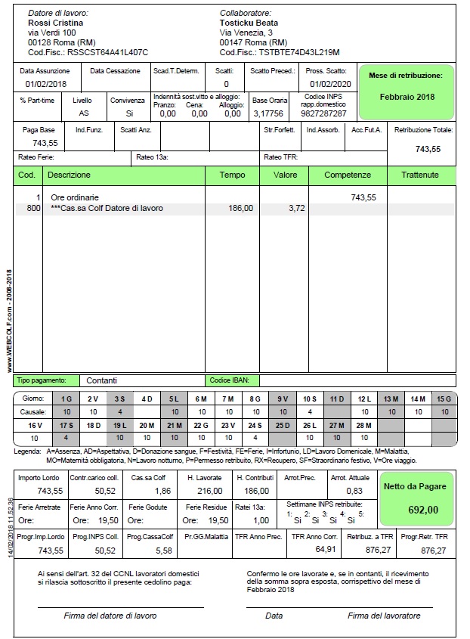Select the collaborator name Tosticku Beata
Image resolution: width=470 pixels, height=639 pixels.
[x=249, y=23]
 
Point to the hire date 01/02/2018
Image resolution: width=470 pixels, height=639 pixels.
[x=46, y=84]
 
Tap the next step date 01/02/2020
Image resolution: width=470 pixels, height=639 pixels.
[x=330, y=84]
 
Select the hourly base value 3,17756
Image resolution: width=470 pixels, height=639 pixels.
[x=268, y=113]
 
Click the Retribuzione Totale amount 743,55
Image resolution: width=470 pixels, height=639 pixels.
[x=428, y=149]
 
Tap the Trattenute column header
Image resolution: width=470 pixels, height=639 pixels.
[x=421, y=175]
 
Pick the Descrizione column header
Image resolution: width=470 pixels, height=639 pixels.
[x=69, y=175]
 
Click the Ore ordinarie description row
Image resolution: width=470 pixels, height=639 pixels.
[x=76, y=197]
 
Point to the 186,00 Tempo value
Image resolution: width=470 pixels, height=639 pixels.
[x=240, y=208]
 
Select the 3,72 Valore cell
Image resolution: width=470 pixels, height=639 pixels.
[x=296, y=208]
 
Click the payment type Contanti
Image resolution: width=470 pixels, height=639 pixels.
[x=101, y=380]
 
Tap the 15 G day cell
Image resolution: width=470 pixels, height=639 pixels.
[x=443, y=399]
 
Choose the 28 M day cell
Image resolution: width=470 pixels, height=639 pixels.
[x=364, y=426]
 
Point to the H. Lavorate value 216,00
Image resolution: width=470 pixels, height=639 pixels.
[x=209, y=491]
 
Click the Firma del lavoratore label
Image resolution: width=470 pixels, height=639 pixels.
[x=384, y=616]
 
